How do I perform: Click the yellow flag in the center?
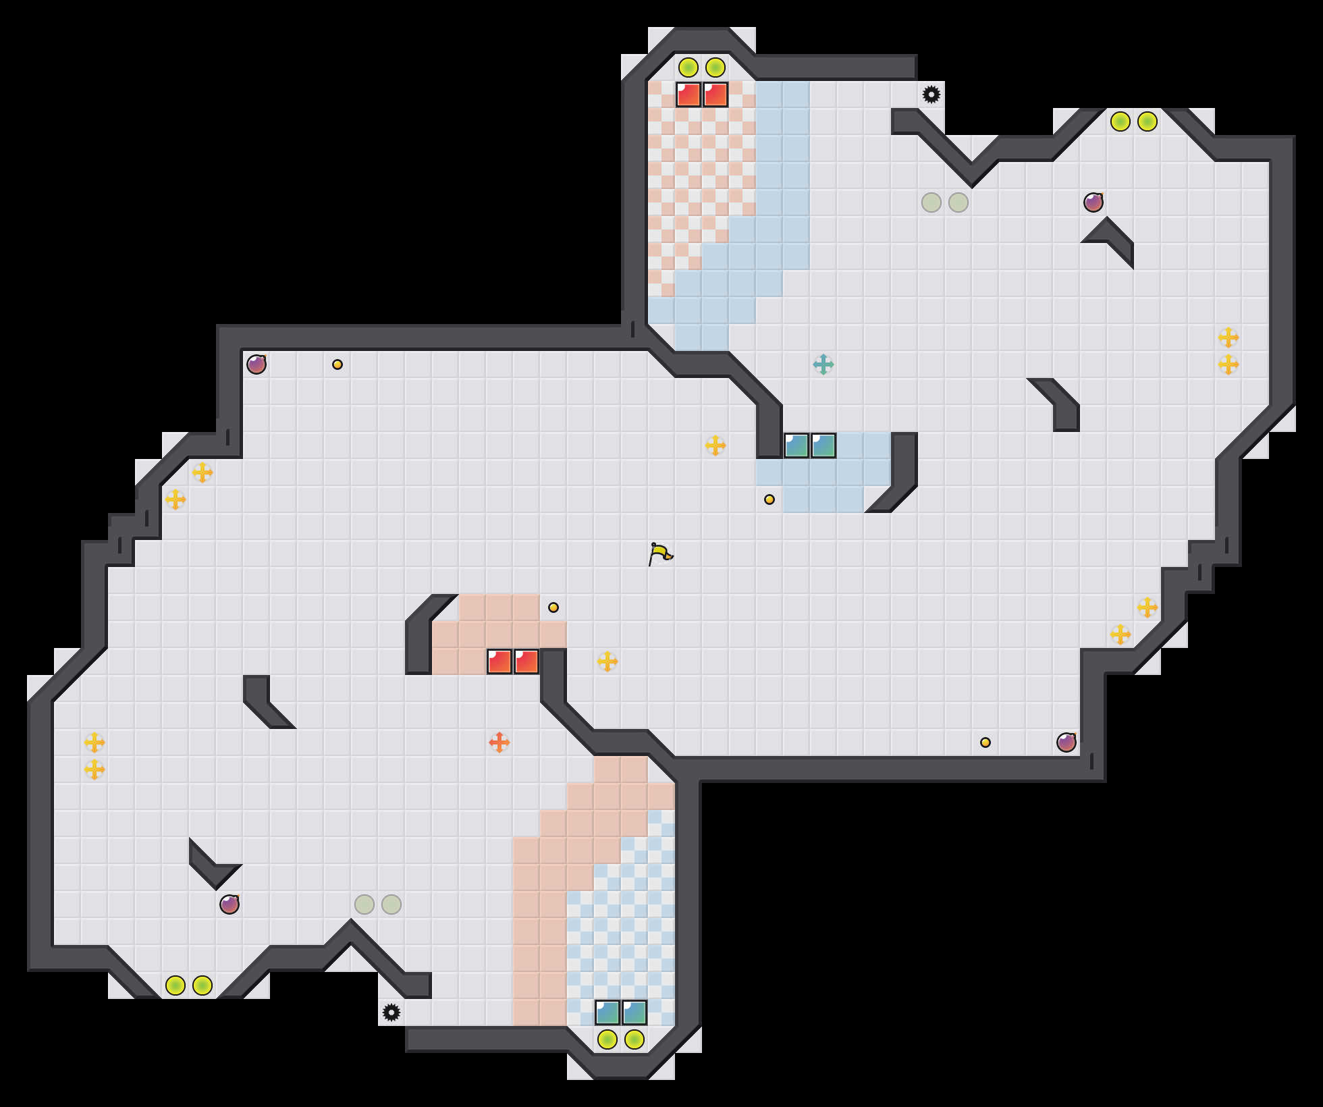tap(660, 554)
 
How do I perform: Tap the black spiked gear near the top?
tap(932, 94)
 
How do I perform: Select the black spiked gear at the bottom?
tap(391, 1013)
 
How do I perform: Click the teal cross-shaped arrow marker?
tap(823, 364)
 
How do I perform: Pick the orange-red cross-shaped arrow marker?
tap(500, 742)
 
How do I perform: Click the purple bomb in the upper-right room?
tap(1093, 202)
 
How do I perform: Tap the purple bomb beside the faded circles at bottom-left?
tap(230, 905)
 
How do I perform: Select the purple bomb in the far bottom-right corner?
tap(1066, 742)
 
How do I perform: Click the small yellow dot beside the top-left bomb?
tap(337, 364)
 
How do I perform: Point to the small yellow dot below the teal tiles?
tap(769, 500)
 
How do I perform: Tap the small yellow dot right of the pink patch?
tap(553, 607)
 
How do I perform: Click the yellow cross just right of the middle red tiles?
tap(607, 661)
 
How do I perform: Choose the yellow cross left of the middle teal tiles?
tap(715, 446)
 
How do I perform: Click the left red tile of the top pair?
tap(688, 94)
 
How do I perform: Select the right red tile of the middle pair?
tap(526, 661)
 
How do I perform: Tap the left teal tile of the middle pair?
tap(796, 446)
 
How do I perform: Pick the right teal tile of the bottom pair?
tap(634, 1013)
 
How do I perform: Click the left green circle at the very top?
tap(688, 67)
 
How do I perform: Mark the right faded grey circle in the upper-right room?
tap(959, 202)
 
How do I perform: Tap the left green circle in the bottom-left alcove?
tap(175, 986)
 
